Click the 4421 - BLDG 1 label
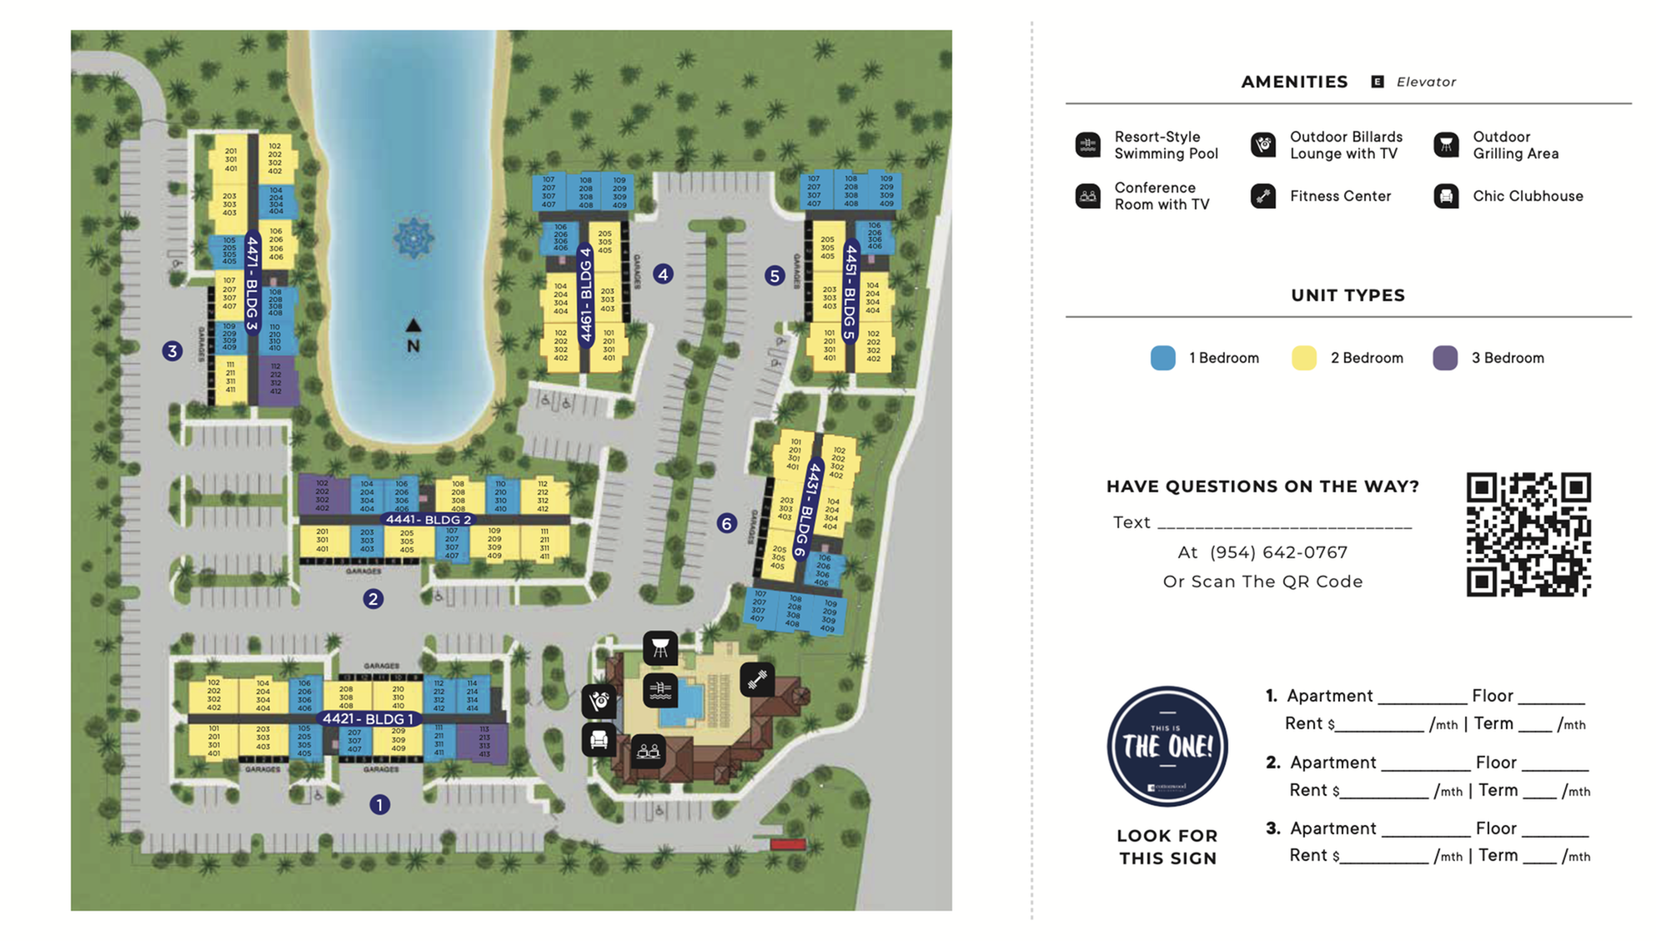[368, 718]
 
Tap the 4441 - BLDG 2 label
[428, 520]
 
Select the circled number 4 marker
[663, 274]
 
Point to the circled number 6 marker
[727, 523]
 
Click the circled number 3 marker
[173, 350]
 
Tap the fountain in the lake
[414, 239]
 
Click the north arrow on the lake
[414, 325]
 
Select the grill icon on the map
[660, 647]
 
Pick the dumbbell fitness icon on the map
[756, 680]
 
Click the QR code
[1528, 535]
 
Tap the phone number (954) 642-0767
[1278, 552]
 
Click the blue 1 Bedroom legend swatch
[1163, 358]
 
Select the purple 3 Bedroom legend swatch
[1445, 358]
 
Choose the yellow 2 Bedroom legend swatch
[1304, 358]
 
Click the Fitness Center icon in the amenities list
[1263, 196]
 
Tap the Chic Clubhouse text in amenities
[1528, 196]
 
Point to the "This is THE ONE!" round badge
[1167, 746]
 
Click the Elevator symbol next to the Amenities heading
[1377, 82]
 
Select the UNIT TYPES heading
[1347, 295]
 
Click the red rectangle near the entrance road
[787, 844]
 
